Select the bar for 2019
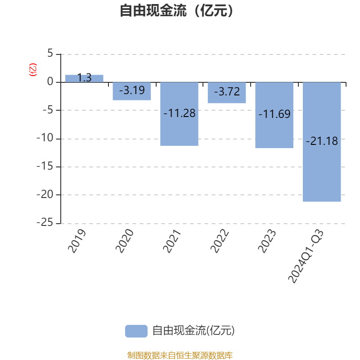(84, 78)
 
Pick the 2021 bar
(180, 130)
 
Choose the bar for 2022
(227, 98)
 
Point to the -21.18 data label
(322, 141)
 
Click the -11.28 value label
(180, 113)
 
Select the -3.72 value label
(227, 92)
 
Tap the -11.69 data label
(274, 114)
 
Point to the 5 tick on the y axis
(50, 54)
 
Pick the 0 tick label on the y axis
(50, 82)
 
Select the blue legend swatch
(136, 331)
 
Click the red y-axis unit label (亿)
(32, 70)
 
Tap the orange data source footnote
(180, 355)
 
